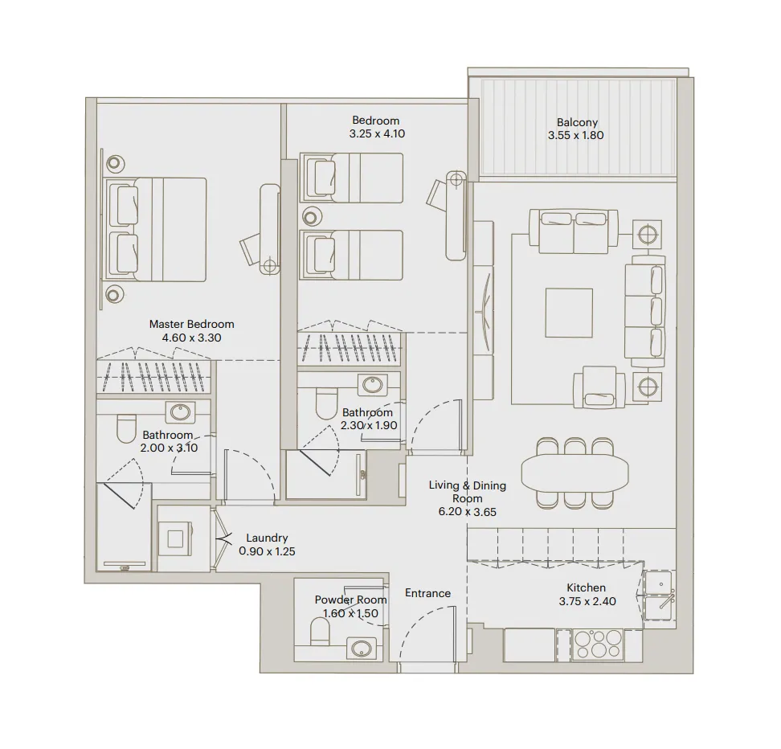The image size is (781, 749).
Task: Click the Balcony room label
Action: click(575, 123)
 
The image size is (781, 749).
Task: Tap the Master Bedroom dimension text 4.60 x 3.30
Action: click(191, 338)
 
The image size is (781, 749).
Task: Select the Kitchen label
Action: click(587, 587)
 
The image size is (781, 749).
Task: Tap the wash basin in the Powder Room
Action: click(362, 647)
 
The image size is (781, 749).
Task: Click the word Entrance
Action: click(427, 593)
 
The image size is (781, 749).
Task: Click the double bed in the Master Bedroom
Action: click(159, 229)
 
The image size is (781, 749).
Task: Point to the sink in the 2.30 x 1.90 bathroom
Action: click(374, 386)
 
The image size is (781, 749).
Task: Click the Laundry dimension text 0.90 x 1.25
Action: click(267, 551)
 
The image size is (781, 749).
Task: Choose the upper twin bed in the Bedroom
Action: click(352, 178)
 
